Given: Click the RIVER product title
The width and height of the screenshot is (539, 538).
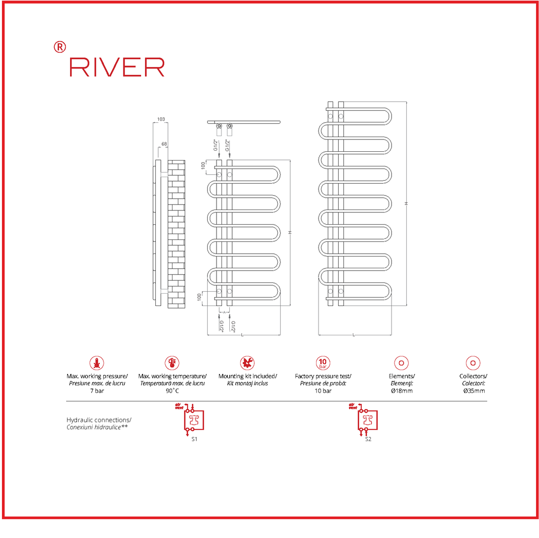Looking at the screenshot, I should (x=117, y=67).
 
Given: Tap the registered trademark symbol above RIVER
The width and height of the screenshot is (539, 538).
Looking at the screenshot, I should (x=59, y=47).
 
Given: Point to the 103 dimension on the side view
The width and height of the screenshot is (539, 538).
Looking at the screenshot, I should (x=161, y=119).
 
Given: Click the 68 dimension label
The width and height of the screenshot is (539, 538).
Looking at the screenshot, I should (x=164, y=144).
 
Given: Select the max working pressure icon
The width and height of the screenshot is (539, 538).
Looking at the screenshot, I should (x=97, y=363).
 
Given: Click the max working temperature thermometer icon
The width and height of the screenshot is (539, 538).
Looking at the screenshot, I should (x=172, y=363).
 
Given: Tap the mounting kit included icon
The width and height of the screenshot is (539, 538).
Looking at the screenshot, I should (x=247, y=363).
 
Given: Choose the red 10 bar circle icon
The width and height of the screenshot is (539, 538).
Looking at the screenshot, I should (x=322, y=363).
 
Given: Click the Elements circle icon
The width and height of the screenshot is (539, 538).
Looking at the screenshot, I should (x=401, y=363).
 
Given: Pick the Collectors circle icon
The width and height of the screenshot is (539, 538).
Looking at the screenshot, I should (x=473, y=363).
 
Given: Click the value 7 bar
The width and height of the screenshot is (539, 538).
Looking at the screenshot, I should (x=97, y=391).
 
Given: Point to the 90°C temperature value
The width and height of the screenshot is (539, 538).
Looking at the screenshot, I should (x=172, y=391).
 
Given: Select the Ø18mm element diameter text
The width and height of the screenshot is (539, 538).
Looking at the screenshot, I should (x=401, y=391).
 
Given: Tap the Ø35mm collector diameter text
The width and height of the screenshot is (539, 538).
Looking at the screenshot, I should (x=473, y=391).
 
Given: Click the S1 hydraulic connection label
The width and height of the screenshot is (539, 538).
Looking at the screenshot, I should (x=195, y=439).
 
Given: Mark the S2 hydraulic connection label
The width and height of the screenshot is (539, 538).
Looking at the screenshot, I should (x=368, y=439).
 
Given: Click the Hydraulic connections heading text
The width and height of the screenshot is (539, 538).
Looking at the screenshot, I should (x=99, y=420).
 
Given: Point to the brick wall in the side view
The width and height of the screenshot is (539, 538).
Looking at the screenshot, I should (x=176, y=234).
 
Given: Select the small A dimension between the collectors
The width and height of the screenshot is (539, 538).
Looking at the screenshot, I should (x=224, y=312).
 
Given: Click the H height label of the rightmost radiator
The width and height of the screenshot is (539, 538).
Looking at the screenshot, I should (x=406, y=203).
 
